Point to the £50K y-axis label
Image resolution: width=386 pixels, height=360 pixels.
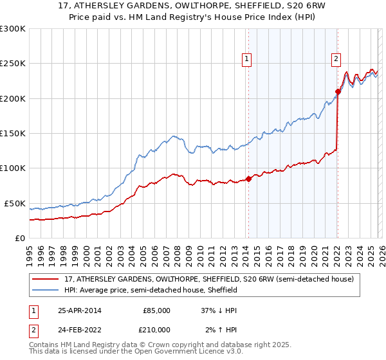coord(14,203)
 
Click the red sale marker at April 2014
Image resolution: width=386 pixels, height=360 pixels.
coord(248,179)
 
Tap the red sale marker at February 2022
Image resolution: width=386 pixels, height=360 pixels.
coord(338,91)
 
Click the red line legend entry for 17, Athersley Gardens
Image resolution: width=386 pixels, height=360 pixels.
coord(209,280)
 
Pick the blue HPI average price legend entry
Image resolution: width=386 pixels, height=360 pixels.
coord(151,291)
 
